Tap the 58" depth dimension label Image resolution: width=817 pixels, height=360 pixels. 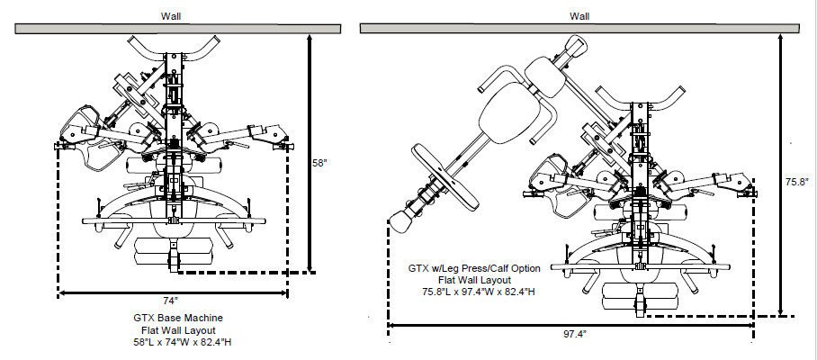319,164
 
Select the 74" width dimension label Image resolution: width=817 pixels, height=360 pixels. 170,300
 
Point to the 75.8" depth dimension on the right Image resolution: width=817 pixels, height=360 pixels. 796,181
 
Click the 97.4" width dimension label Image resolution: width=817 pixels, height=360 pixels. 574,333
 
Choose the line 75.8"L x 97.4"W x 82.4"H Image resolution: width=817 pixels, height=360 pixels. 466,292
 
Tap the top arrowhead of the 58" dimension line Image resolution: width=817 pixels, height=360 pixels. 310,39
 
